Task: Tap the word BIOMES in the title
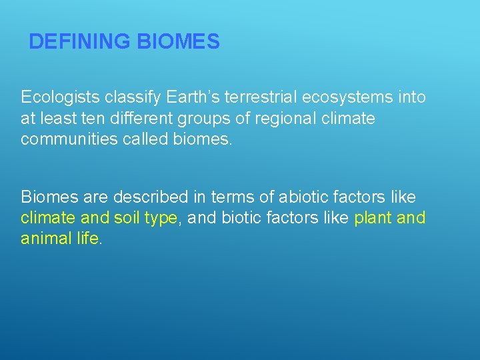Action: coord(178,42)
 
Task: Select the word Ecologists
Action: coord(60,97)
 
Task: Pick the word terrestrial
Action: coord(257,97)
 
